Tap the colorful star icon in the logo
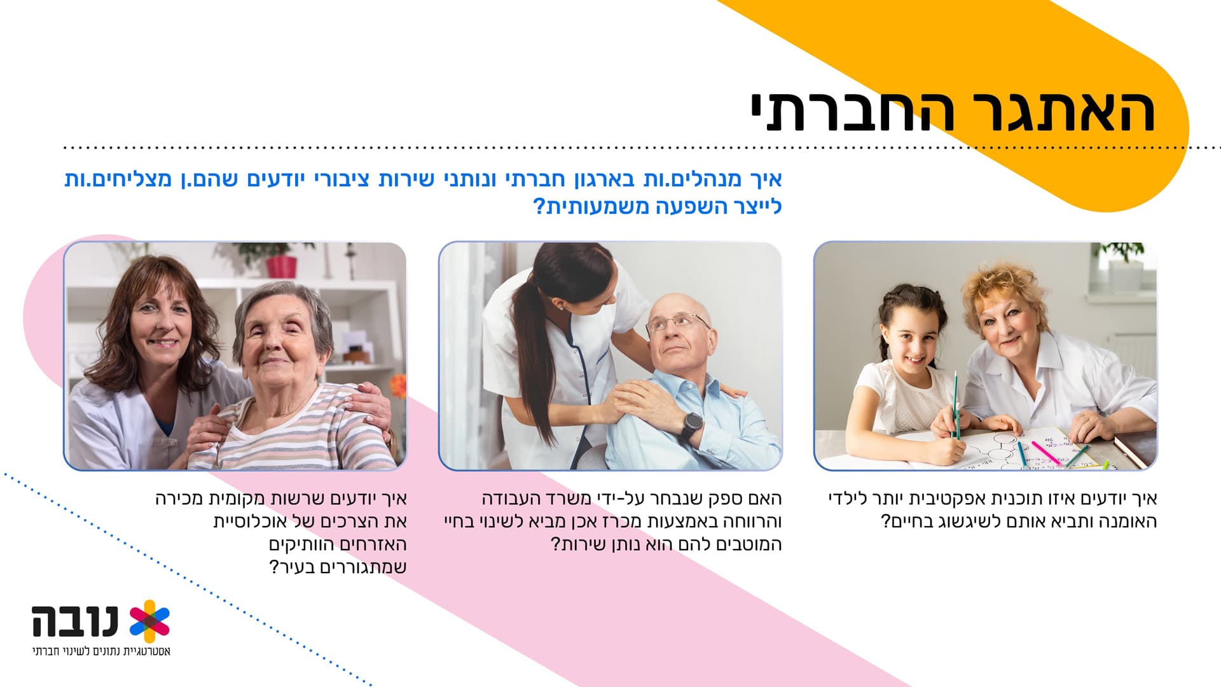click(149, 621)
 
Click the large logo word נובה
click(76, 621)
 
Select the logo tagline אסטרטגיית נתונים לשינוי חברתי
click(102, 651)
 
